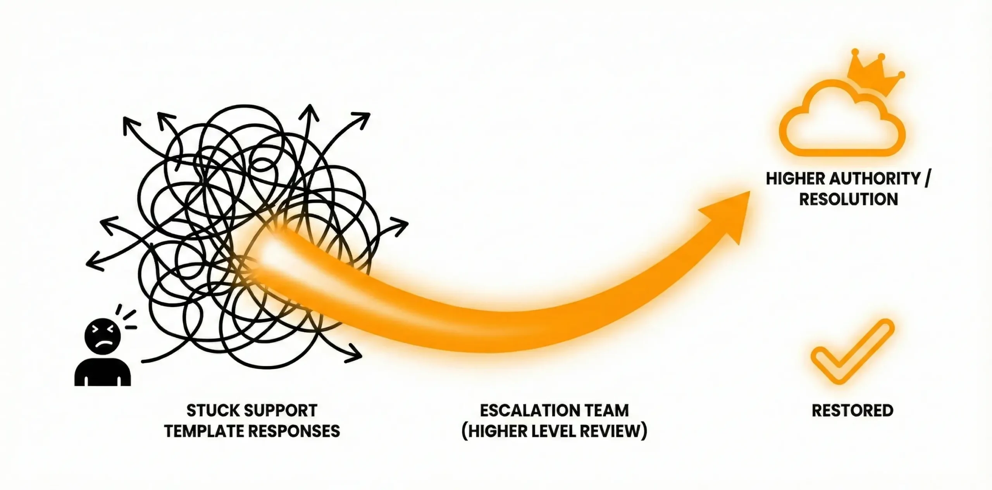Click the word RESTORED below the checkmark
pyautogui.click(x=852, y=411)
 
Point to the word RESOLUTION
pyautogui.click(x=849, y=199)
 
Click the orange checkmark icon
pyautogui.click(x=852, y=352)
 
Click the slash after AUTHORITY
pyautogui.click(x=927, y=179)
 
